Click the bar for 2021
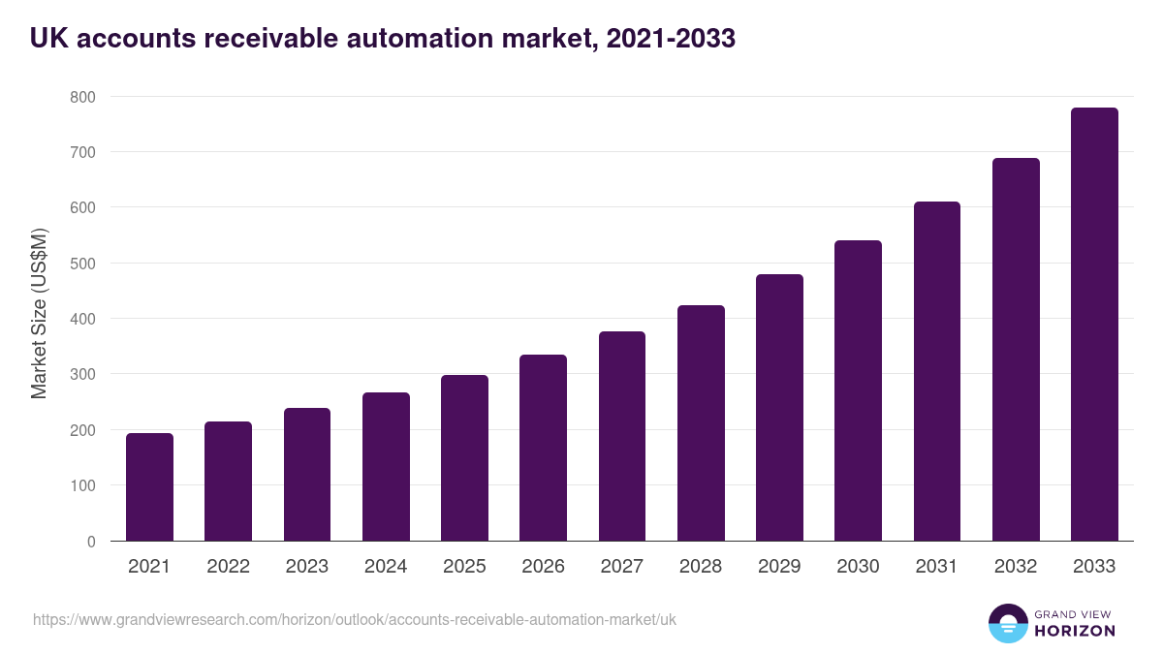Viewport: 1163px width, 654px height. click(x=149, y=487)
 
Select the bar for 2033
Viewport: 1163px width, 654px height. click(x=1094, y=325)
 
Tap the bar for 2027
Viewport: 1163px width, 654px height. click(x=622, y=436)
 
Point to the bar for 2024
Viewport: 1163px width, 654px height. click(x=386, y=467)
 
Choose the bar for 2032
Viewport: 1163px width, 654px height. click(x=1016, y=350)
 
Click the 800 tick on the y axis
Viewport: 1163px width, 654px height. click(x=82, y=97)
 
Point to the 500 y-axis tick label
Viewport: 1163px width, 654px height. click(x=82, y=264)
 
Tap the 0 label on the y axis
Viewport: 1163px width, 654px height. click(x=90, y=542)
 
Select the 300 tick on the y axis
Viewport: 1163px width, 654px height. click(x=82, y=375)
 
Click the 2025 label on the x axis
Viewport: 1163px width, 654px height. click(x=464, y=567)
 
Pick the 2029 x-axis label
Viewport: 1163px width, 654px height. click(x=779, y=567)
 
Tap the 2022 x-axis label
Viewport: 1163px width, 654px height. click(x=228, y=567)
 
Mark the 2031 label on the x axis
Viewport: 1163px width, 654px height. click(x=936, y=567)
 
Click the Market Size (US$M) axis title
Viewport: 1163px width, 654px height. click(x=39, y=314)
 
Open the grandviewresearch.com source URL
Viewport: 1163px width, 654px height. click(x=355, y=619)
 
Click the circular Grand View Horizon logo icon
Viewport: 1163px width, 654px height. click(x=1007, y=623)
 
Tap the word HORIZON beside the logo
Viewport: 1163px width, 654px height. click(x=1075, y=631)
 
